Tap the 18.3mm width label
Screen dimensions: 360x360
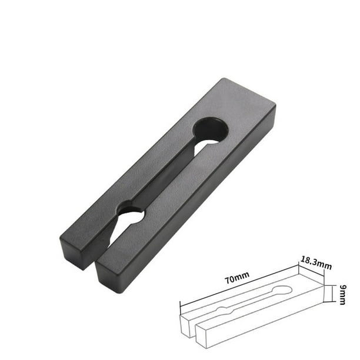pyautogui.click(x=316, y=263)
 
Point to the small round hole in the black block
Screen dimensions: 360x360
pyautogui.click(x=131, y=211)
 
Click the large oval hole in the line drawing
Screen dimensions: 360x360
pyautogui.click(x=282, y=290)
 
